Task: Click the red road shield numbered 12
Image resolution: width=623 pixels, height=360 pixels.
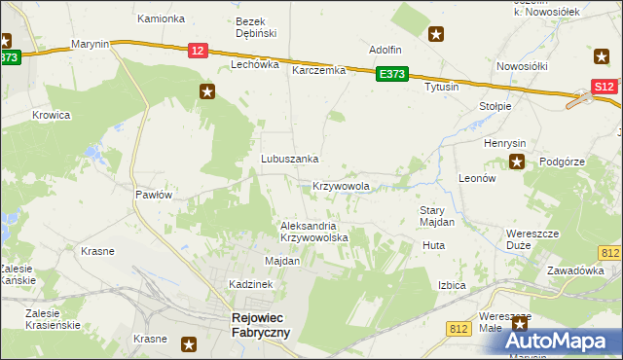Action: [198, 51]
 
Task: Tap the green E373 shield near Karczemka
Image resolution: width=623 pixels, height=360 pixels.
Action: [393, 74]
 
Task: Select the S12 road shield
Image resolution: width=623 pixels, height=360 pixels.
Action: [604, 88]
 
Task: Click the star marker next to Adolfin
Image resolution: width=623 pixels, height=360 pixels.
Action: [437, 34]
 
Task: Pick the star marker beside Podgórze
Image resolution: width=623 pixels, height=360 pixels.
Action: [518, 162]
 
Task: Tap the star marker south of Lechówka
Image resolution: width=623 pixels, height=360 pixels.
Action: [207, 92]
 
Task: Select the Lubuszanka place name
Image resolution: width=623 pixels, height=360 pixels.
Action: [290, 159]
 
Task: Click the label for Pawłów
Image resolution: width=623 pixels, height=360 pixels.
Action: [154, 195]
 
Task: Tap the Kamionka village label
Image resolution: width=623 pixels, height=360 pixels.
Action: [161, 18]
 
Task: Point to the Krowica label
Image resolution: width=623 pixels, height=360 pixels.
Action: [52, 115]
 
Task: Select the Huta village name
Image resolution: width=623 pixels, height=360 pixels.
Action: [433, 246]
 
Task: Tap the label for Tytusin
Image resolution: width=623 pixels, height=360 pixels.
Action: [441, 88]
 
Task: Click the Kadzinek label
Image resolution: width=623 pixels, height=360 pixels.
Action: [248, 283]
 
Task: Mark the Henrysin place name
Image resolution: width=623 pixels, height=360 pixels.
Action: [504, 143]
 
